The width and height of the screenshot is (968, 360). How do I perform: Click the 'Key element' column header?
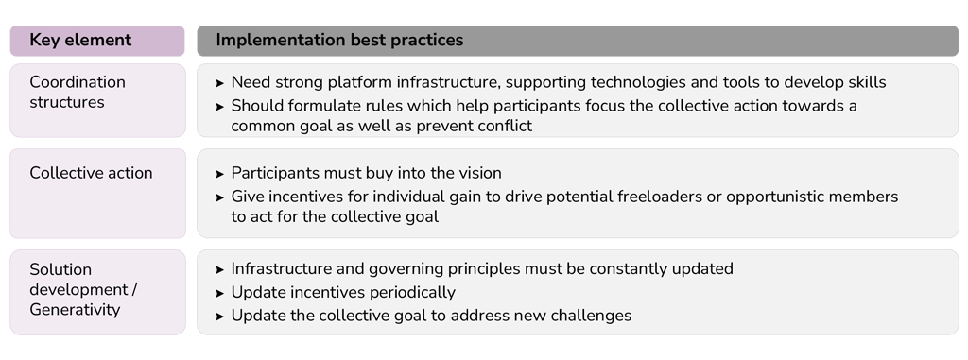(x=80, y=41)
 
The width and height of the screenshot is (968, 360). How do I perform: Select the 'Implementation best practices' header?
(x=339, y=41)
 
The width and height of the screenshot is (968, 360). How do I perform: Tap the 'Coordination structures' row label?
(x=78, y=92)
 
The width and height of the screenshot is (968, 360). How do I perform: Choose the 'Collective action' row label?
(x=91, y=173)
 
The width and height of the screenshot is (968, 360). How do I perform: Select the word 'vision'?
(x=476, y=173)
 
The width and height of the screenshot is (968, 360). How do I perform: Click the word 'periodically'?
(x=409, y=292)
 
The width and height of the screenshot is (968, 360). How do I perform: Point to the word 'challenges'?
(x=588, y=316)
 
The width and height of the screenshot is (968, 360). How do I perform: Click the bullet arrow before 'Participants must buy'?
(x=220, y=174)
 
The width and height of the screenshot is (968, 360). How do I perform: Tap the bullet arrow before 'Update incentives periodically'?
(x=220, y=293)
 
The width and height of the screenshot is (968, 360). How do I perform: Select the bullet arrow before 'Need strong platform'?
(x=220, y=83)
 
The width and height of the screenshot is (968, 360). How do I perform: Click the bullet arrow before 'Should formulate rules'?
(x=220, y=107)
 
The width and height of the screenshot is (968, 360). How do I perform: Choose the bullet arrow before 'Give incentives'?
(x=220, y=197)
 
